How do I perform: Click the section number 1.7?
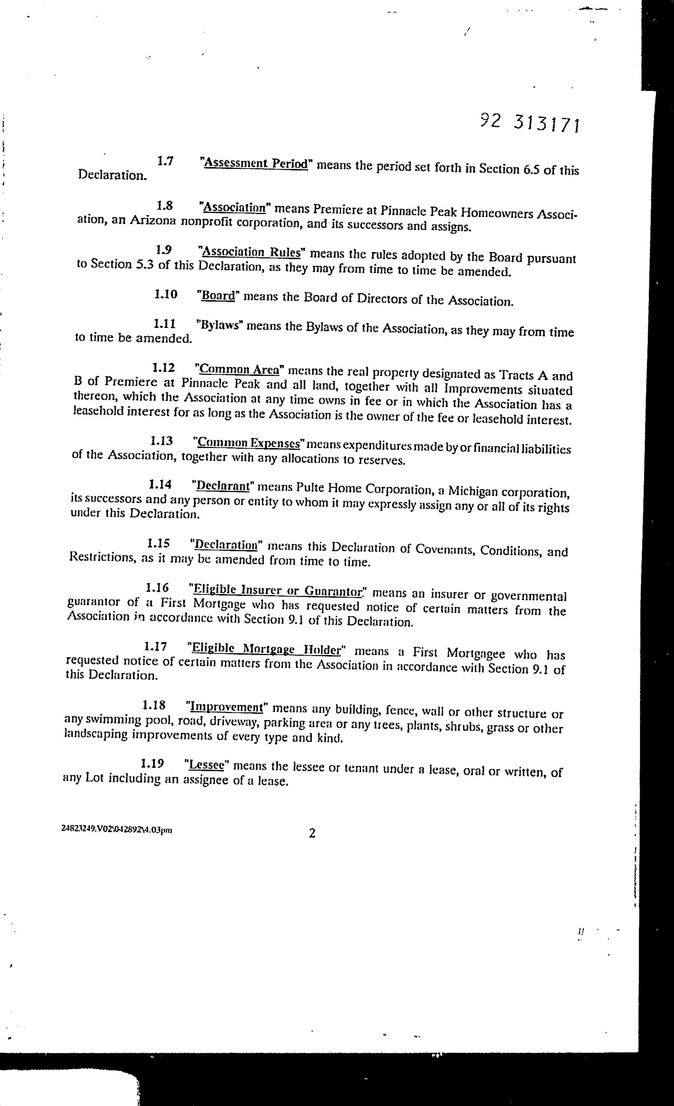coord(166,161)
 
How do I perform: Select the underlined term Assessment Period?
coord(256,163)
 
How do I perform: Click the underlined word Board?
coord(218,296)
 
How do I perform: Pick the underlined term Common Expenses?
coord(249,443)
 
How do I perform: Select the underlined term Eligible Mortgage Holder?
coord(266,649)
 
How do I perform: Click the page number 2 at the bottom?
coord(312,833)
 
